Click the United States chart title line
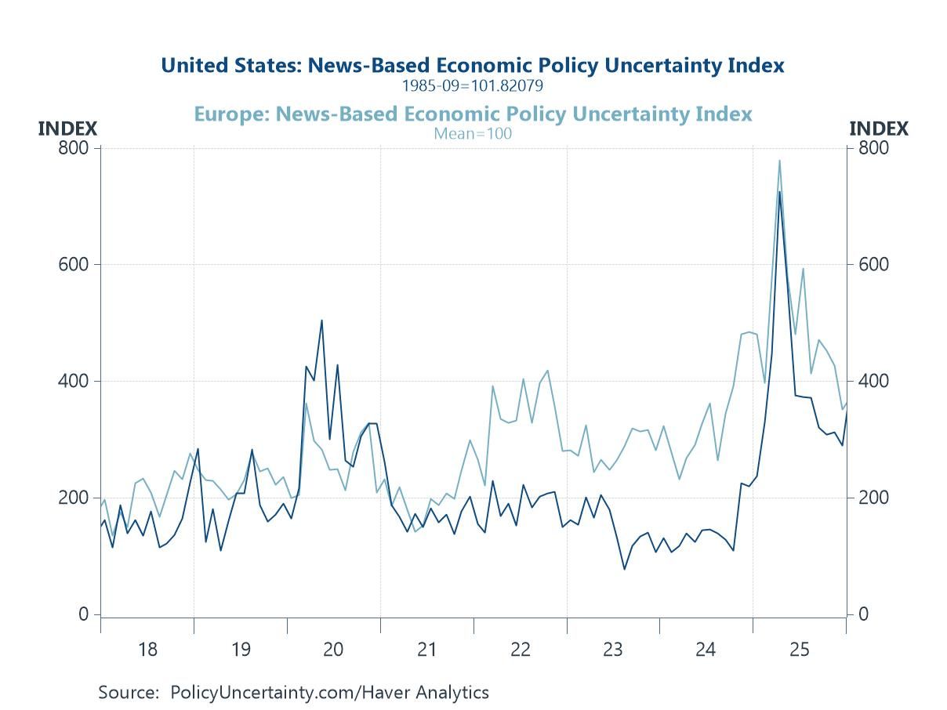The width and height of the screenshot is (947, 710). [x=472, y=65]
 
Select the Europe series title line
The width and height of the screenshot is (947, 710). [x=472, y=114]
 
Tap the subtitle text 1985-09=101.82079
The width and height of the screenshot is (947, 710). [x=472, y=85]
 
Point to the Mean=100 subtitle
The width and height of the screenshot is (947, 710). [x=472, y=133]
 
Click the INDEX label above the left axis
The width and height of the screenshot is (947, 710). [x=67, y=129]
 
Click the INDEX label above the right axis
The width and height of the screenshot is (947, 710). [x=879, y=129]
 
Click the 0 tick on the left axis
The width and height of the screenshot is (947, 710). [x=84, y=614]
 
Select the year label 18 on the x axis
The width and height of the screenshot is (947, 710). [x=147, y=649]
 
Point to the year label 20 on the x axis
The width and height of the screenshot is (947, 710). [x=333, y=649]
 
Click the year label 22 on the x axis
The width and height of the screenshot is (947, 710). [x=520, y=649]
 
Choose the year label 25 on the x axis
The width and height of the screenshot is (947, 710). [x=799, y=649]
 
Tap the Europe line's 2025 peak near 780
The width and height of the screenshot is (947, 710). [x=779, y=161]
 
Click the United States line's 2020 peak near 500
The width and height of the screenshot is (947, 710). [x=321, y=320]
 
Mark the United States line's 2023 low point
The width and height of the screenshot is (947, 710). [x=625, y=569]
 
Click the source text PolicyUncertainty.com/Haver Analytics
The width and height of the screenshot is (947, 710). [x=329, y=693]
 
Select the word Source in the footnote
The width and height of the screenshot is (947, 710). [x=127, y=693]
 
